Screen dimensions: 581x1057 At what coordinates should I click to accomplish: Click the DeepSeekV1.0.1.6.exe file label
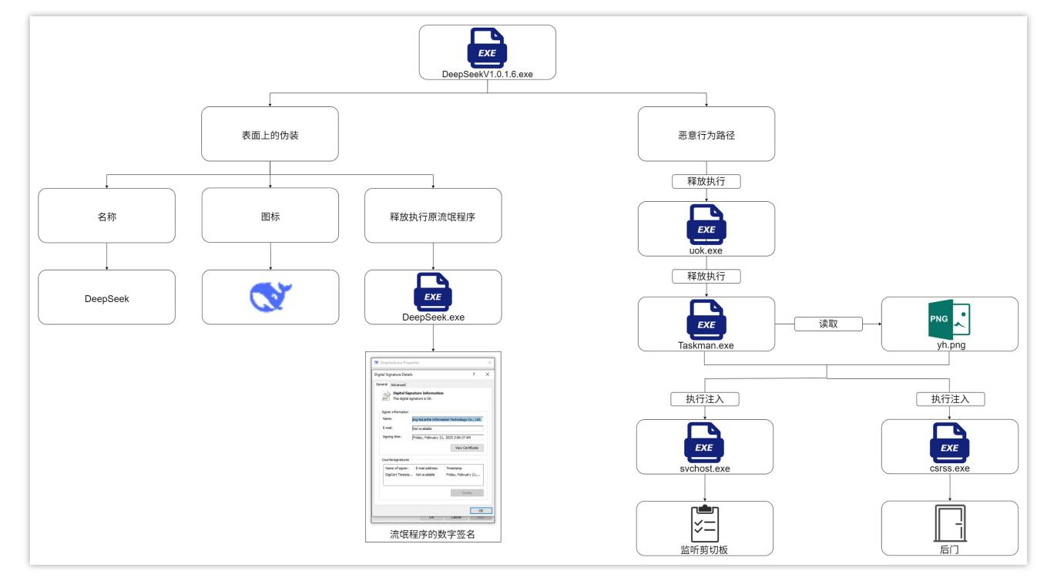[x=487, y=74]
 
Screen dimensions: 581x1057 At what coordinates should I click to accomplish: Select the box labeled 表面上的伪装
[x=270, y=134]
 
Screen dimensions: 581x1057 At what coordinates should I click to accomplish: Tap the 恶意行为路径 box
[x=706, y=134]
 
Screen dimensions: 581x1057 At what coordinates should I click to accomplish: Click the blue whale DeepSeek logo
[x=270, y=297]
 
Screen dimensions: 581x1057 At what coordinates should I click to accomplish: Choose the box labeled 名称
[x=106, y=216]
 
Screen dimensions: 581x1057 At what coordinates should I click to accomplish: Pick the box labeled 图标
[x=270, y=216]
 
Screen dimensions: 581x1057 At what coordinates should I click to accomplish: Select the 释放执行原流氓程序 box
[x=434, y=216]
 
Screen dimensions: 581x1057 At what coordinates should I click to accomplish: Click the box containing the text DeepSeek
[x=106, y=297]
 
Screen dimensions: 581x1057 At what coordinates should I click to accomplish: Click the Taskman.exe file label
[x=706, y=345]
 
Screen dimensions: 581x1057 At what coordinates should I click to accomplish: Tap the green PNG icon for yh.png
[x=950, y=319]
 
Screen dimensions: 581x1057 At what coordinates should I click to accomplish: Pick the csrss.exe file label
[x=949, y=467]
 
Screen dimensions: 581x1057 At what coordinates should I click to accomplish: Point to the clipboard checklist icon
[x=706, y=524]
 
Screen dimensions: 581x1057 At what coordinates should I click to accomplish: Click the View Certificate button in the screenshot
[x=468, y=447]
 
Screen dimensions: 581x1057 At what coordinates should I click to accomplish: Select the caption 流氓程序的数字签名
[x=433, y=533]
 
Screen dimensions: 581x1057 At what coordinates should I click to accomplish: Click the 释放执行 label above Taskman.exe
[x=706, y=276]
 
